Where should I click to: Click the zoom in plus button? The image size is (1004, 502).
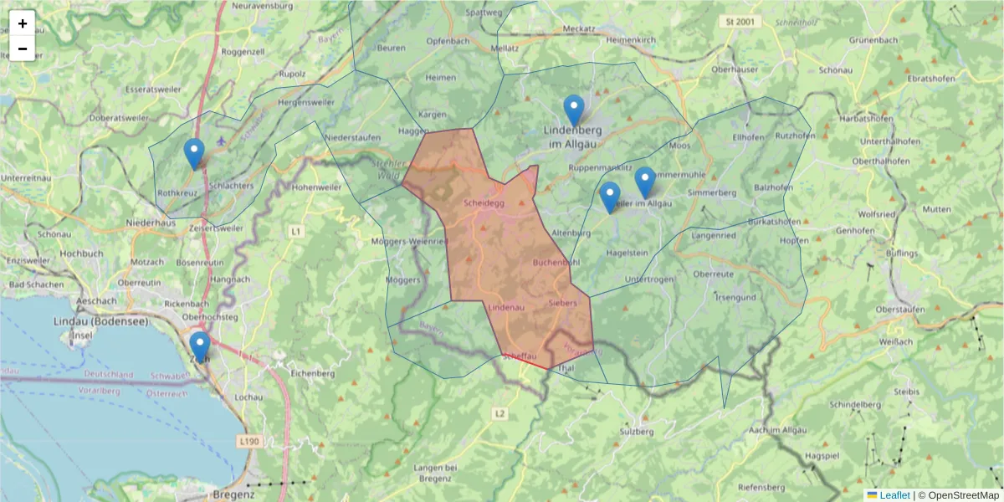pyautogui.click(x=23, y=23)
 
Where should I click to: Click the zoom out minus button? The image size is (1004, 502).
pyautogui.click(x=23, y=49)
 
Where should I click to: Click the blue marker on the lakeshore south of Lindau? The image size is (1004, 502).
pyautogui.click(x=199, y=346)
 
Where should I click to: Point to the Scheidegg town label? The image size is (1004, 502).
pyautogui.click(x=484, y=202)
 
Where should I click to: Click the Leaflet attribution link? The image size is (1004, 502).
pyautogui.click(x=894, y=495)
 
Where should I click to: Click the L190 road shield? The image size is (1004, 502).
pyautogui.click(x=248, y=440)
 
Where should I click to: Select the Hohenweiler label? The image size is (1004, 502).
pyautogui.click(x=317, y=187)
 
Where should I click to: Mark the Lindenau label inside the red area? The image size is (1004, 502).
pyautogui.click(x=505, y=308)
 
